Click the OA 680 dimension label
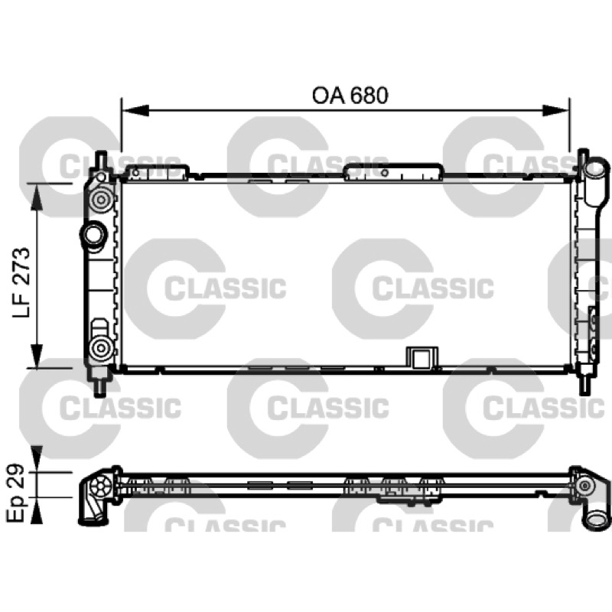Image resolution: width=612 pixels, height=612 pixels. click(350, 96)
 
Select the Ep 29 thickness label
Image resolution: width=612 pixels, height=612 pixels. click(16, 493)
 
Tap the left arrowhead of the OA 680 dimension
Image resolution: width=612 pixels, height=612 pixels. click(135, 110)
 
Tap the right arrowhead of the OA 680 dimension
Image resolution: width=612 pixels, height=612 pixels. click(556, 110)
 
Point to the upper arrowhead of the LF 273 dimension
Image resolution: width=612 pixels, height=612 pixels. click(37, 197)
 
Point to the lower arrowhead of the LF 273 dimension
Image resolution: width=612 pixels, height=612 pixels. click(37, 354)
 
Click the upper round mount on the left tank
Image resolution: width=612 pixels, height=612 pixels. click(102, 200)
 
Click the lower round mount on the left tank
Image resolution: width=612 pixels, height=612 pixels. click(102, 348)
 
